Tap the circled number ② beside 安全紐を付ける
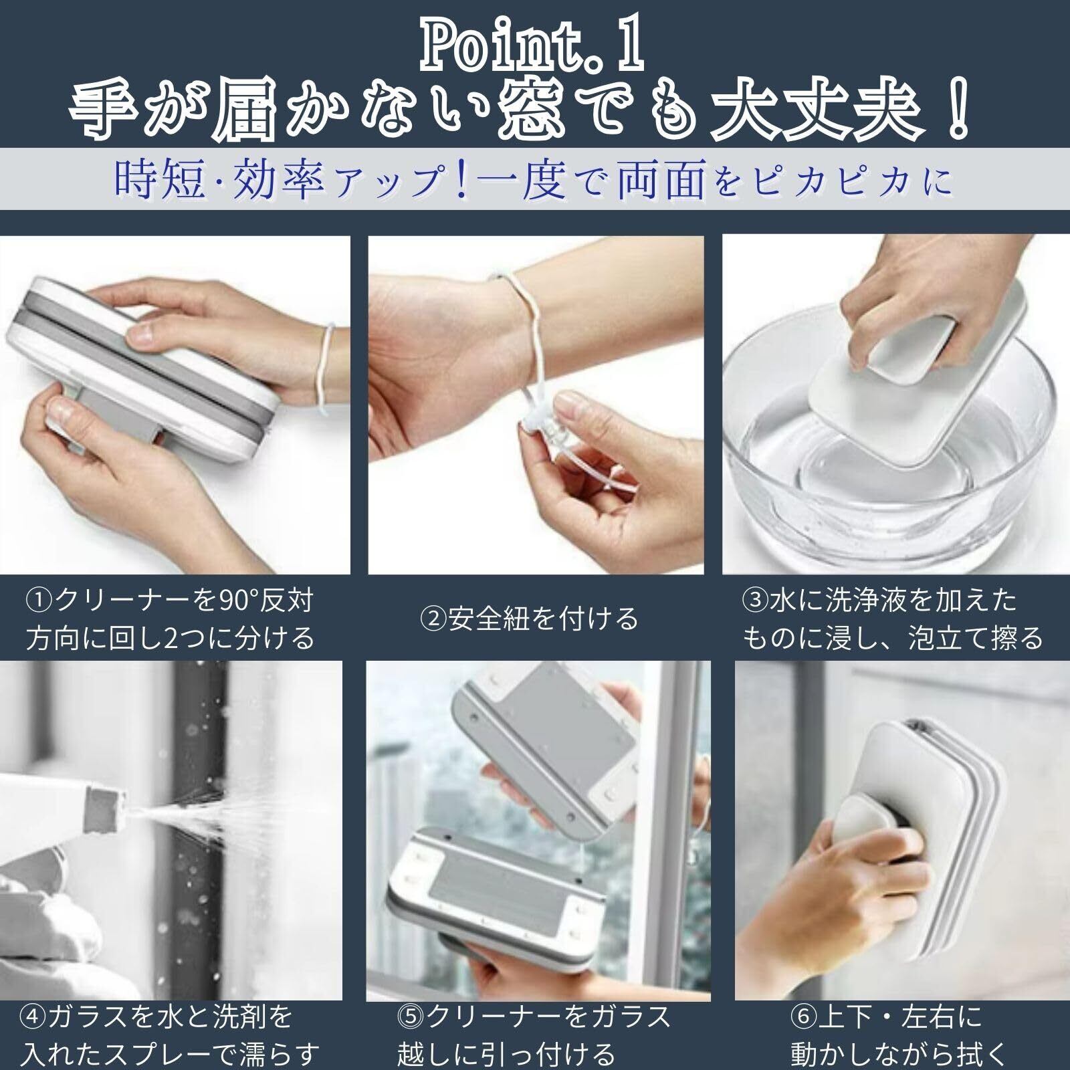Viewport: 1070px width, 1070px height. click(x=433, y=619)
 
